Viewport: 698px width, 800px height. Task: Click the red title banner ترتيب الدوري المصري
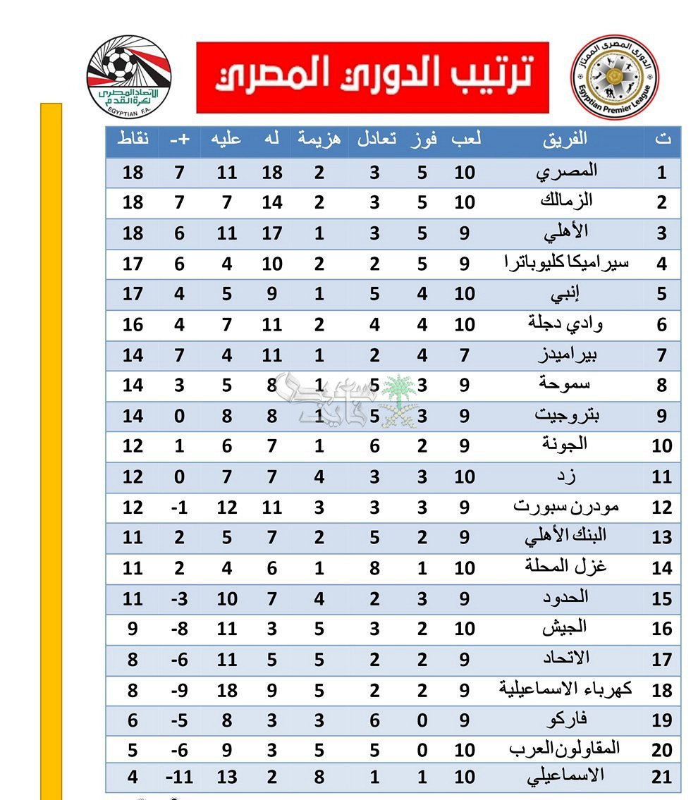[x=372, y=77]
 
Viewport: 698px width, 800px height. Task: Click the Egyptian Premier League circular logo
[x=613, y=77]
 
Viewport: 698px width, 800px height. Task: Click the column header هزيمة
[x=319, y=139]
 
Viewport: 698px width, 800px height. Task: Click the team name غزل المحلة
[x=566, y=567]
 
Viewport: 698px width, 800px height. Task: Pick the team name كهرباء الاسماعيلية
[x=565, y=689]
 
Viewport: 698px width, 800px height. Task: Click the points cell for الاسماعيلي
[x=133, y=778]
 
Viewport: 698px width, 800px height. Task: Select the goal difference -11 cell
[x=179, y=778]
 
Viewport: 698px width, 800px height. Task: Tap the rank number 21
[x=661, y=778]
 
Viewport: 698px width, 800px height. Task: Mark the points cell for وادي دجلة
[x=133, y=325]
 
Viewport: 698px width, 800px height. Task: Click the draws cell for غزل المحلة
[x=374, y=567]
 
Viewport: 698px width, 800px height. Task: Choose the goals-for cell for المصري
[x=272, y=172]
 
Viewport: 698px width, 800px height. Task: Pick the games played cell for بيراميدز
[x=465, y=355]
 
